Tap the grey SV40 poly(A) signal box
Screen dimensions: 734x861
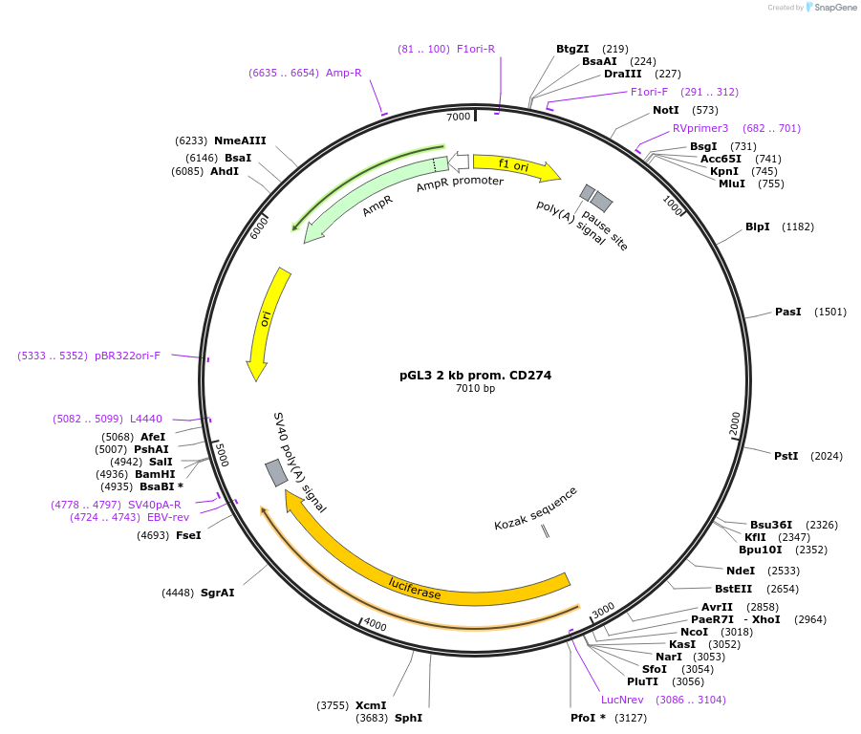point(276,473)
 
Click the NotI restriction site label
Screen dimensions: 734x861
point(666,110)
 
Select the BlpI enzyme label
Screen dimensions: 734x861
point(758,227)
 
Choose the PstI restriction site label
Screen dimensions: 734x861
point(786,456)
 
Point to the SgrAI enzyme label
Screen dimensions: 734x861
point(217,593)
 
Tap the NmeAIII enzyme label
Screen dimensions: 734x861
point(240,140)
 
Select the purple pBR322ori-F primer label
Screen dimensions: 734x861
point(127,356)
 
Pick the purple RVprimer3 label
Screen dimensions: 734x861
point(700,128)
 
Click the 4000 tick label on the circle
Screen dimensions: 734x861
point(375,626)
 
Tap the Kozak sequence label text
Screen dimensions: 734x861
point(535,508)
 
